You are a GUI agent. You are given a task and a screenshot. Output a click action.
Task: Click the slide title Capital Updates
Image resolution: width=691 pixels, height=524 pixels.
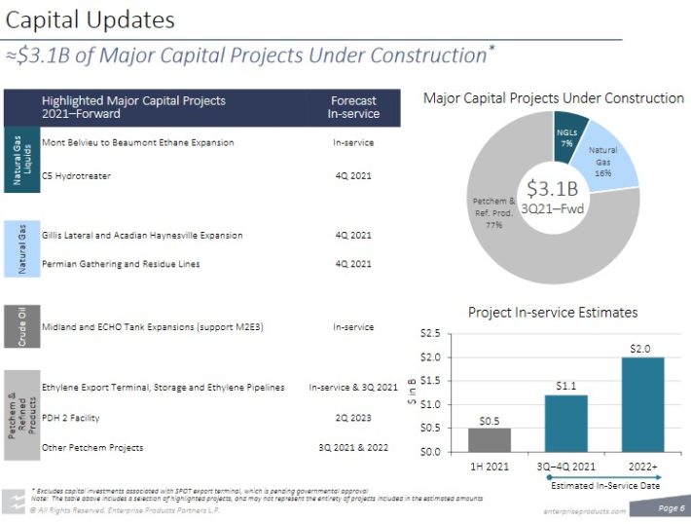pyautogui.click(x=91, y=19)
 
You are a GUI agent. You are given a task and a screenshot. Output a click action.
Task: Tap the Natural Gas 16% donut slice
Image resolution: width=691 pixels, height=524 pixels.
pyautogui.click(x=605, y=159)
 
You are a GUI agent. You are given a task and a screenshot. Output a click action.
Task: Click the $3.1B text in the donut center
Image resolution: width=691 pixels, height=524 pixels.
pyautogui.click(x=552, y=188)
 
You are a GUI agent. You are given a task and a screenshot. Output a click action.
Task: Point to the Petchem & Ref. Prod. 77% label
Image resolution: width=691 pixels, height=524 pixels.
pyautogui.click(x=492, y=212)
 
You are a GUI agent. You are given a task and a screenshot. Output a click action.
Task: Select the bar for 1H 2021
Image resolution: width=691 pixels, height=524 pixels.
pyautogui.click(x=489, y=439)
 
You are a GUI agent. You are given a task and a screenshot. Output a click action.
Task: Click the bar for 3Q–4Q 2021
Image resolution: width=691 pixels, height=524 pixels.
pyautogui.click(x=566, y=424)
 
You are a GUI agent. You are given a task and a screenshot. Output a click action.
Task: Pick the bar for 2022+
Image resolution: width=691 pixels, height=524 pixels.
pyautogui.click(x=641, y=404)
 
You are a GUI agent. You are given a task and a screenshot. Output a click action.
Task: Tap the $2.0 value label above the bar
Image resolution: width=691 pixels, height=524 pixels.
pyautogui.click(x=640, y=348)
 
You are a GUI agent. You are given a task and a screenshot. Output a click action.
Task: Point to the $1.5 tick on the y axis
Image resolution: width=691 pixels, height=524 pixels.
pyautogui.click(x=428, y=404)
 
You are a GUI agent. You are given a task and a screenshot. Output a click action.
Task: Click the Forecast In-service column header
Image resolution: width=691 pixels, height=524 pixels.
pyautogui.click(x=353, y=107)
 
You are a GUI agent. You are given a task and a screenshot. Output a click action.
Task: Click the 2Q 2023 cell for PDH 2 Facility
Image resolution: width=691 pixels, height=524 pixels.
pyautogui.click(x=352, y=418)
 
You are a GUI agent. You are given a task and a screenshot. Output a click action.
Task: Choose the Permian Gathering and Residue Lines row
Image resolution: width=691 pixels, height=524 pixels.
pyautogui.click(x=110, y=263)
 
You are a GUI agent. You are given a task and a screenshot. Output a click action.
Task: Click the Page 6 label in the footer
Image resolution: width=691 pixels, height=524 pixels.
pyautogui.click(x=671, y=507)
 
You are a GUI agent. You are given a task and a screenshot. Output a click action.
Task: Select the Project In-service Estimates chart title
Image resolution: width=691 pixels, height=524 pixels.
pyautogui.click(x=553, y=313)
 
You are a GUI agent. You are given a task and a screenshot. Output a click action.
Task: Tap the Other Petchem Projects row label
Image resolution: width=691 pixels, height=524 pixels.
pyautogui.click(x=92, y=447)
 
